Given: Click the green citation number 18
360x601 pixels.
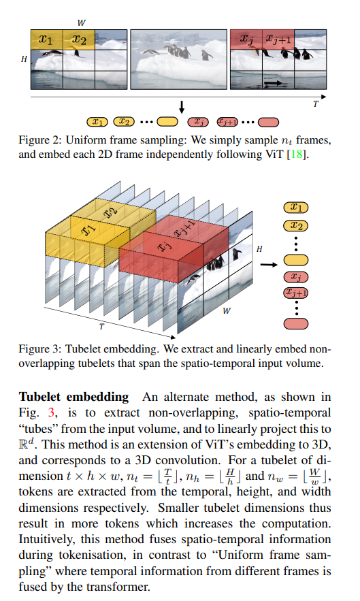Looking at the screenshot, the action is (x=296, y=155).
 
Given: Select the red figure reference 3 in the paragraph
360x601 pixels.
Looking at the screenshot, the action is (x=51, y=412).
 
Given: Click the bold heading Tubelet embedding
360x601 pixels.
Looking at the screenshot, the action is (x=73, y=397).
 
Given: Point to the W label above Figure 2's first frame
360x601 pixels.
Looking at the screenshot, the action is (x=81, y=23).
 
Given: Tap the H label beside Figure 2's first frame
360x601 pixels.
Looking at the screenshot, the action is (x=24, y=59).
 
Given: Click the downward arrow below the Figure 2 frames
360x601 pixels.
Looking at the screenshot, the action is (x=182, y=107).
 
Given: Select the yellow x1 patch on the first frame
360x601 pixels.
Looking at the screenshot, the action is (x=46, y=39).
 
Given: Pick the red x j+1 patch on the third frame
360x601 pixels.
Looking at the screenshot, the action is (x=278, y=39).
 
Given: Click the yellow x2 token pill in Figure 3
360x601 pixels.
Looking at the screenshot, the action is (x=296, y=226).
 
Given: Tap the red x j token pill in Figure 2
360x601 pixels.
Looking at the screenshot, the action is (x=198, y=122).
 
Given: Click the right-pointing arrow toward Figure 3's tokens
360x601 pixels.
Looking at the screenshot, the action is (x=269, y=265).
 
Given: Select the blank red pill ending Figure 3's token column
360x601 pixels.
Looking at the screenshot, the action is (x=296, y=324).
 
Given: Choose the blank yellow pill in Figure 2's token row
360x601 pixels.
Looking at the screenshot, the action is (x=167, y=122).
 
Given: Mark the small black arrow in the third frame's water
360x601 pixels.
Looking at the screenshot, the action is (x=274, y=82).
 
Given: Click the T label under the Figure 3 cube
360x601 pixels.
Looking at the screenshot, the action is (x=101, y=327).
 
